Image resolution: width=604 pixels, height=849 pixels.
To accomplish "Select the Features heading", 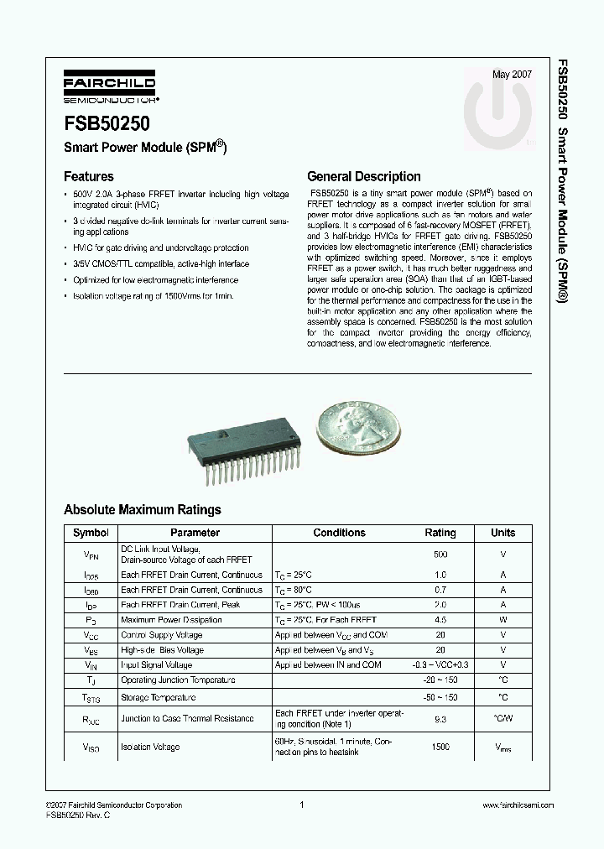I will coord(89,177).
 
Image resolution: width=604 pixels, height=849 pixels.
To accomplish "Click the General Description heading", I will coord(364,177).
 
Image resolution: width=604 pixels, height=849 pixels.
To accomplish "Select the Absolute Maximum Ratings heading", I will coord(143,509).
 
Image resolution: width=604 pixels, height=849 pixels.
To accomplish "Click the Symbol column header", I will coord(91,533).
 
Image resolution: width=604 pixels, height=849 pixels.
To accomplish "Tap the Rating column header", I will coord(440,533).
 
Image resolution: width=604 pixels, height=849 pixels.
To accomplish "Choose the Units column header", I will coord(503,533).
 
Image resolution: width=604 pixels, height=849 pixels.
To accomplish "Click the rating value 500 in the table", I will coord(440,555).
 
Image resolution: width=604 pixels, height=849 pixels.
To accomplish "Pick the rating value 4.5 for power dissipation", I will coord(440,620).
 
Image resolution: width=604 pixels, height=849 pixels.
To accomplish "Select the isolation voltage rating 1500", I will coord(440,747).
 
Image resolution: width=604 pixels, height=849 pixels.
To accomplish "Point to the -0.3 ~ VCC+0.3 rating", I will coord(440,665).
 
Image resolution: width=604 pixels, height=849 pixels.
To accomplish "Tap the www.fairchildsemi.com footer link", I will coord(518,805).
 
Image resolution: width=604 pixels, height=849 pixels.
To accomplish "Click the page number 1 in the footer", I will coord(301,805).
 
